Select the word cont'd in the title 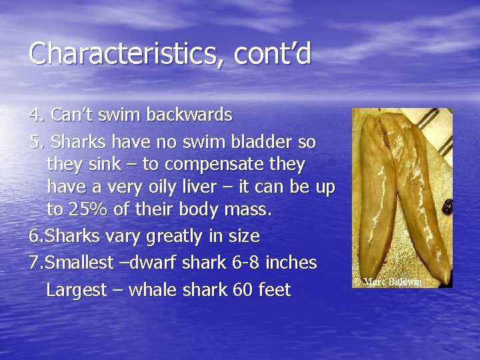273,54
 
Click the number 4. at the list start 37,115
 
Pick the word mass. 247,210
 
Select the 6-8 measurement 241,263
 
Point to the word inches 291,263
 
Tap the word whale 153,291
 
